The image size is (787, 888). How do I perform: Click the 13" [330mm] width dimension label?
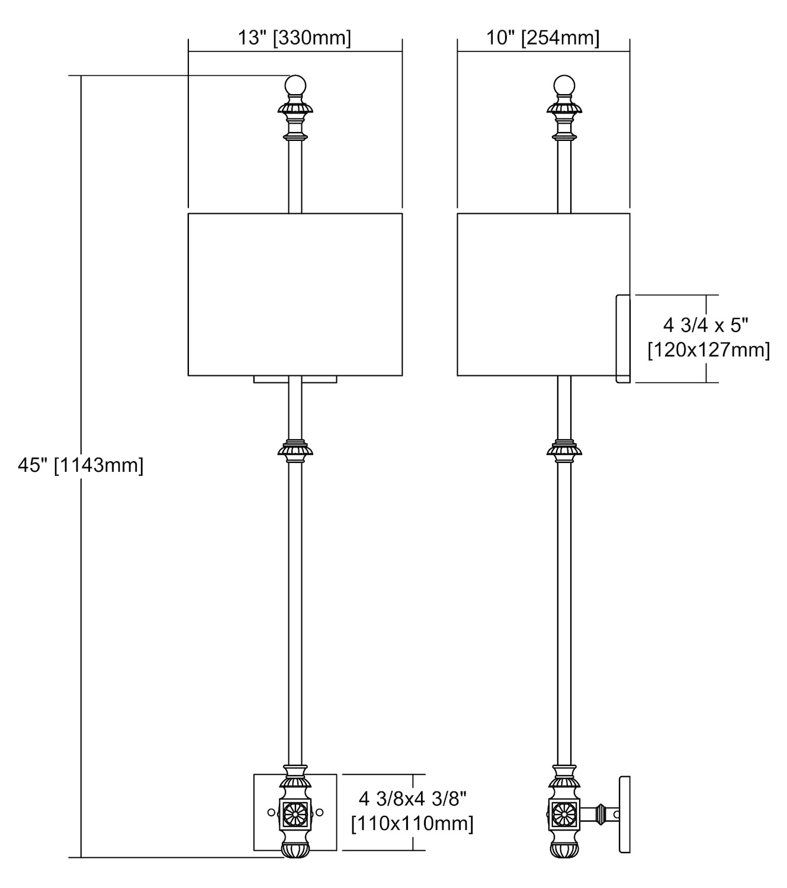(294, 38)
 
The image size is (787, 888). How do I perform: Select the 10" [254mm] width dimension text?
(543, 38)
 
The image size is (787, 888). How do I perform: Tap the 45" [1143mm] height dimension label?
(81, 465)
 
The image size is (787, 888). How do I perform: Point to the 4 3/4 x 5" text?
(705, 325)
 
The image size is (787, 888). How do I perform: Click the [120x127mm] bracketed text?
(708, 350)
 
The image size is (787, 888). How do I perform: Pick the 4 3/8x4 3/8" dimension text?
(413, 799)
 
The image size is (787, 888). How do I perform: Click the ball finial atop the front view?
(295, 86)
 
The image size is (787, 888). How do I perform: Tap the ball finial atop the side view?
(564, 86)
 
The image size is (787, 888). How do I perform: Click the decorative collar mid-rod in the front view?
(295, 451)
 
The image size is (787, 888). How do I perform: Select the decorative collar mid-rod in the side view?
(564, 451)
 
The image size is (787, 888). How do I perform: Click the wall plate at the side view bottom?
(625, 815)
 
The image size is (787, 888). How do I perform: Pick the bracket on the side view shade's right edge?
(623, 339)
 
